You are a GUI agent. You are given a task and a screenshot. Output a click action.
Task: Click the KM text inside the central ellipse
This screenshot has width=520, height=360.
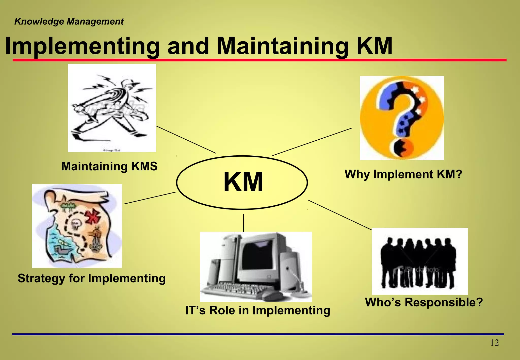[243, 182]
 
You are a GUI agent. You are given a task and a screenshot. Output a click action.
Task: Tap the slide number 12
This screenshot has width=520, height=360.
[494, 343]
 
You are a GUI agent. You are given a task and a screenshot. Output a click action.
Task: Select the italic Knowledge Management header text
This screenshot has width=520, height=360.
[69, 22]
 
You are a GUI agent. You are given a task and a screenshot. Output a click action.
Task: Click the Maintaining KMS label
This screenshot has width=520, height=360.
[109, 167]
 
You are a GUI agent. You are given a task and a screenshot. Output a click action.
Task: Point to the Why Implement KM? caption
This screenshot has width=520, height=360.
[403, 174]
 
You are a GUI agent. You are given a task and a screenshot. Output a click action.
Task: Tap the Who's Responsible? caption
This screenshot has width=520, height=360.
[424, 302]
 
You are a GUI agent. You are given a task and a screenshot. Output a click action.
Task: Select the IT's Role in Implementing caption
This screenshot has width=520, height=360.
[257, 310]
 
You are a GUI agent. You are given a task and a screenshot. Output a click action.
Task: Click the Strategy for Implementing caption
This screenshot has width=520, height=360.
[92, 278]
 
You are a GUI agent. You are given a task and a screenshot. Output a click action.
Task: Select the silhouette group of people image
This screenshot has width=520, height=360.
[419, 261]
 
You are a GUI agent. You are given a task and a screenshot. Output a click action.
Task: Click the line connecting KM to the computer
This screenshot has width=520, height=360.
[243, 223]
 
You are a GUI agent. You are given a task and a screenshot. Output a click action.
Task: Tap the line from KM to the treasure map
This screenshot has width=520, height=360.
[150, 198]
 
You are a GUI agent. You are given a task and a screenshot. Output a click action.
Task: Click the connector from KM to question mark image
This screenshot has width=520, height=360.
[312, 142]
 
